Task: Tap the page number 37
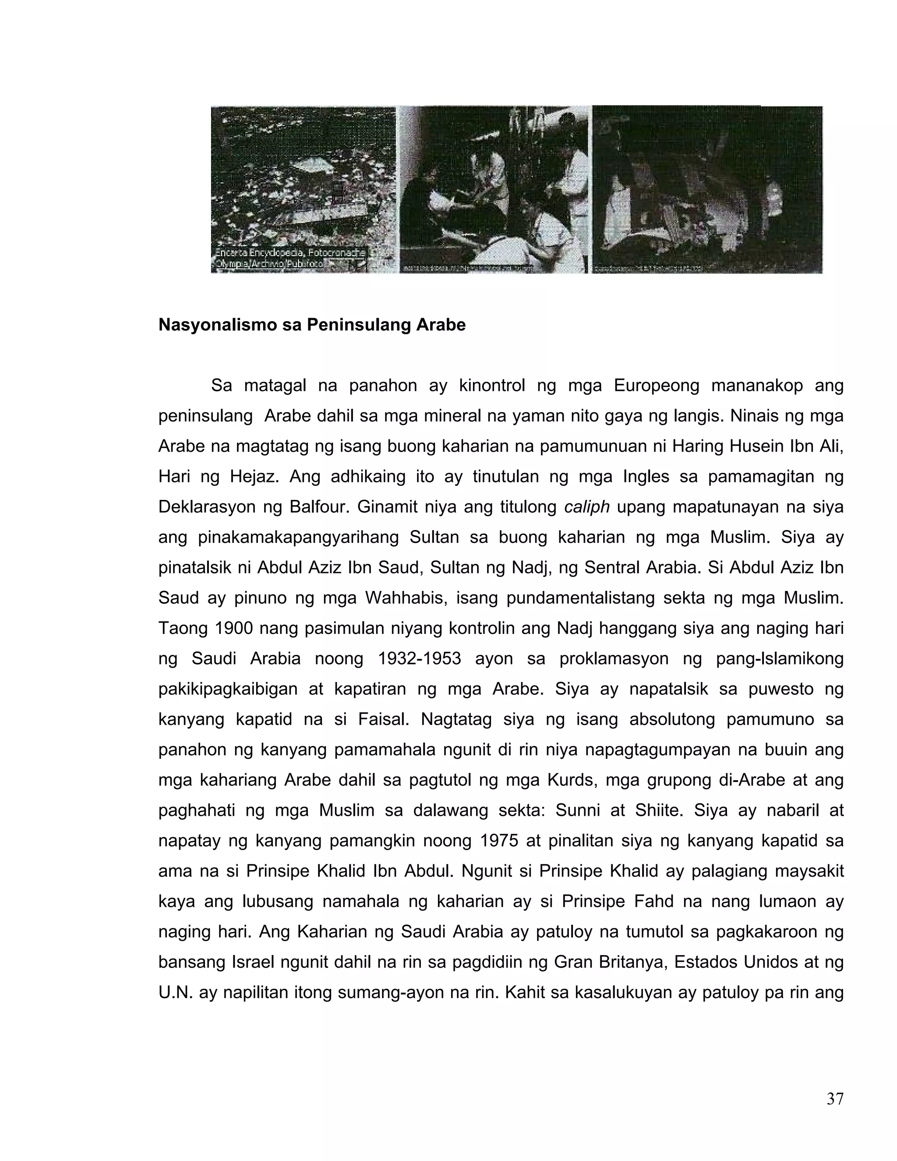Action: [835, 1099]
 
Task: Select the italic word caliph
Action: [586, 507]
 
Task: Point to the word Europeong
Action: [656, 386]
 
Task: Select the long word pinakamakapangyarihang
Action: [298, 538]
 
